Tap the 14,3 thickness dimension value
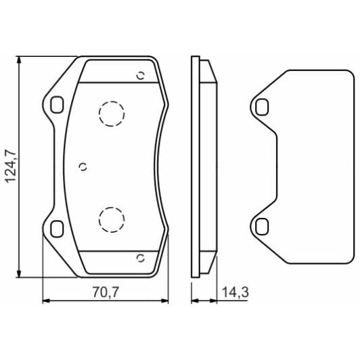click(x=232, y=292)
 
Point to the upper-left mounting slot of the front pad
click(x=57, y=104)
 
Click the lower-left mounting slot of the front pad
click(x=57, y=227)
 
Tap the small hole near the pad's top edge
click(x=141, y=76)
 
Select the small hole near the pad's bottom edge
click(x=141, y=257)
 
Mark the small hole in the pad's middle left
click(x=83, y=166)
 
